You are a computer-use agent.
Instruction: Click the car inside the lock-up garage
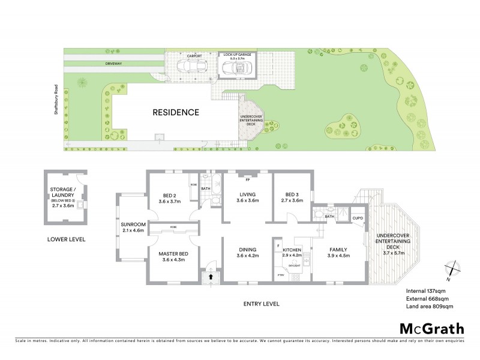point(236,69)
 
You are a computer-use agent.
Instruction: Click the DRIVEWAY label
point(114,62)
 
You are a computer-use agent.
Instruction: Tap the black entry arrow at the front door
point(210,277)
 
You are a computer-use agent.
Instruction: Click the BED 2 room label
point(169,194)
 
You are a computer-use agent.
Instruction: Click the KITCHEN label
point(291,249)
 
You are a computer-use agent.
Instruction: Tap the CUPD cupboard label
point(358,218)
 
